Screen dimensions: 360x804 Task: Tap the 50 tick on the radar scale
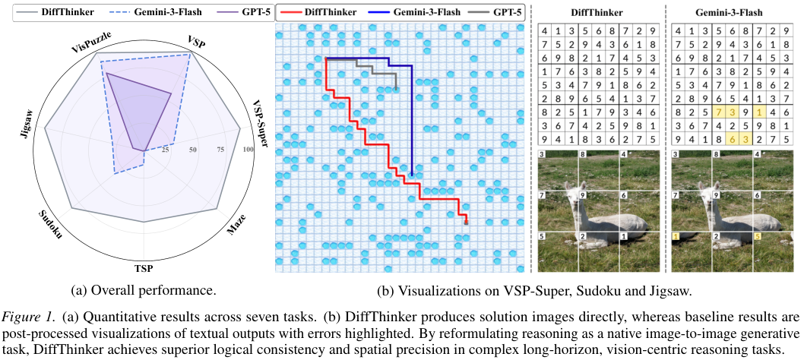click(x=193, y=150)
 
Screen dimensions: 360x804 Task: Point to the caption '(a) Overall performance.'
click(x=142, y=289)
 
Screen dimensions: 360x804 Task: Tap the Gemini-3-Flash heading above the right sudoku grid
click(x=733, y=12)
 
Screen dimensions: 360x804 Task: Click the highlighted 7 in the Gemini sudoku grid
click(x=719, y=112)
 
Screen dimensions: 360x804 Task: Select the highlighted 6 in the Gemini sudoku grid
click(x=719, y=139)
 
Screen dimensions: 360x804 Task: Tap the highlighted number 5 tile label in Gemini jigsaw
click(x=756, y=238)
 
